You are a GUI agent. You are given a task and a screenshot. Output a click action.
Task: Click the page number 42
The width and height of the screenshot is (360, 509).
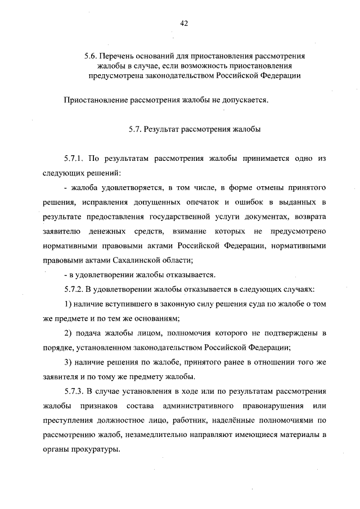[183, 23]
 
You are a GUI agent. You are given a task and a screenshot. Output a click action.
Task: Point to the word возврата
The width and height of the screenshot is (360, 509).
[310, 217]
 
